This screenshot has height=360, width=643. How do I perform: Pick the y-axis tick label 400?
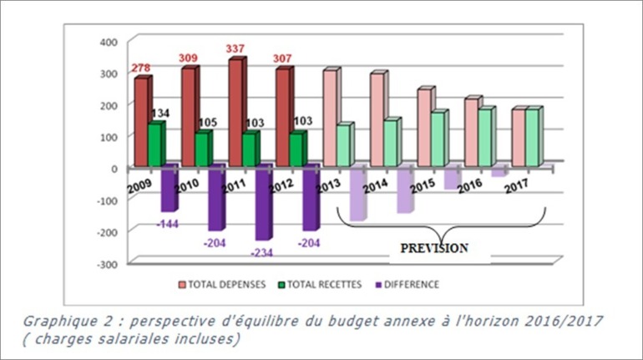pos(109,42)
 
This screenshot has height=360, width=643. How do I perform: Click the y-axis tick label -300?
pos(108,263)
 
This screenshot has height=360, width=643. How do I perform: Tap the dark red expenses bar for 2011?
pos(235,112)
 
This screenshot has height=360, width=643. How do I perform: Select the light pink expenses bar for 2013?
pos(330,118)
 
